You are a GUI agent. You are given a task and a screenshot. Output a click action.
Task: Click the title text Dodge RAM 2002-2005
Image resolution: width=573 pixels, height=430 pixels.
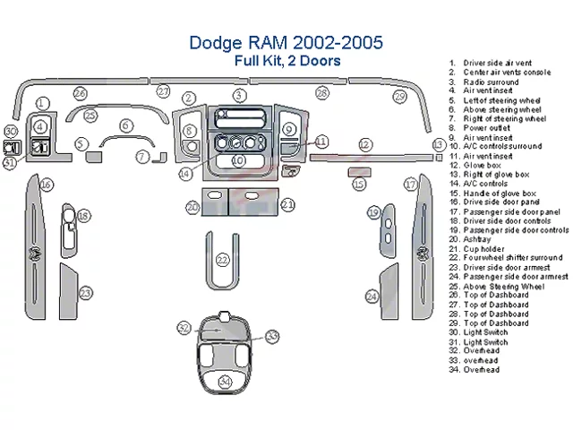tap(286, 43)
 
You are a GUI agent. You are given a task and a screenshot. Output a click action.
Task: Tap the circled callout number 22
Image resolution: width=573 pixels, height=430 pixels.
tap(223, 260)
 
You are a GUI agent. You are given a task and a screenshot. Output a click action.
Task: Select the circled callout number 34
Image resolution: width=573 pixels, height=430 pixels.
tap(225, 382)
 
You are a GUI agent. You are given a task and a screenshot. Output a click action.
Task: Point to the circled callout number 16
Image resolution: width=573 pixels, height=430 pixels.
tap(45, 185)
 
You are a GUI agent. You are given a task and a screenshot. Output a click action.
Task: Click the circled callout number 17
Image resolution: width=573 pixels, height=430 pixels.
tap(411, 185)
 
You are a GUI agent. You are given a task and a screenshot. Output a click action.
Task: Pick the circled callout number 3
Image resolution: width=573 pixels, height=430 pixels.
tap(239, 95)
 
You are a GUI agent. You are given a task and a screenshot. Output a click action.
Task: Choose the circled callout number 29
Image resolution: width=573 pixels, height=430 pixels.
tap(400, 97)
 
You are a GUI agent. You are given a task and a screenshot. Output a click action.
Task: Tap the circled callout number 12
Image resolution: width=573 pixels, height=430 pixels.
tap(364, 143)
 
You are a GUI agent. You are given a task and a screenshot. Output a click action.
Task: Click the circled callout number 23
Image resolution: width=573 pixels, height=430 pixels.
tap(85, 293)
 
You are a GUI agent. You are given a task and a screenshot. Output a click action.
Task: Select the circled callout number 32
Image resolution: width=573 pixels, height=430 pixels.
tap(184, 328)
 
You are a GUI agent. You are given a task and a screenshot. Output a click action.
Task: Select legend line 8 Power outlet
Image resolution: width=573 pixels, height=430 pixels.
tap(487, 127)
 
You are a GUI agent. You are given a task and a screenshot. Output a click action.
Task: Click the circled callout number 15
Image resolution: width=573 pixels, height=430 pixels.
tap(359, 185)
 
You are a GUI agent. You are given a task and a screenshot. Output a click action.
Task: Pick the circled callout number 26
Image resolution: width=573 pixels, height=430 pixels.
tap(81, 93)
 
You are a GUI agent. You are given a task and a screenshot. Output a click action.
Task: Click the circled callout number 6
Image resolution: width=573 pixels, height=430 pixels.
tap(126, 125)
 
